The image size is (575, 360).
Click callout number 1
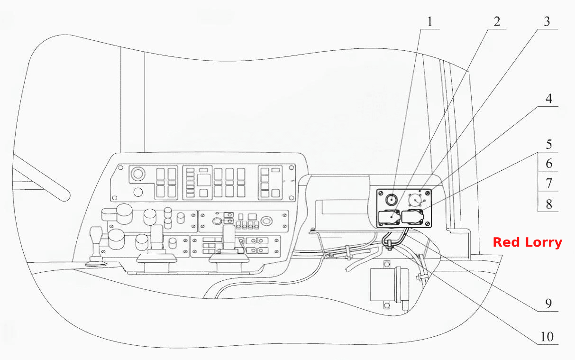pos(430,21)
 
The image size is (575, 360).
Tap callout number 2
pos(497,21)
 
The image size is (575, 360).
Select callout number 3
pos(547,21)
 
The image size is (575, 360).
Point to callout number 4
pos(549,99)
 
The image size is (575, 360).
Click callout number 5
pos(549,145)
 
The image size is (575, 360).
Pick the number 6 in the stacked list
pos(549,164)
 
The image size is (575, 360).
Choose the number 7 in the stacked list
pos(549,184)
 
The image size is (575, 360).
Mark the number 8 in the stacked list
pos(549,204)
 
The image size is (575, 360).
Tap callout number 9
pos(548,304)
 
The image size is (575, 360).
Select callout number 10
pos(547,337)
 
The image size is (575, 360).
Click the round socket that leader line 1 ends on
pos(392,200)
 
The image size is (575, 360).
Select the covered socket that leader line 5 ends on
pos(412,217)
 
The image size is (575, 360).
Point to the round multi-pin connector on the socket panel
pos(416,200)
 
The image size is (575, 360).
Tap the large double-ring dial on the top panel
pos(138,174)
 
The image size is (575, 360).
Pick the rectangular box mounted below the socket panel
pos(389,285)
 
